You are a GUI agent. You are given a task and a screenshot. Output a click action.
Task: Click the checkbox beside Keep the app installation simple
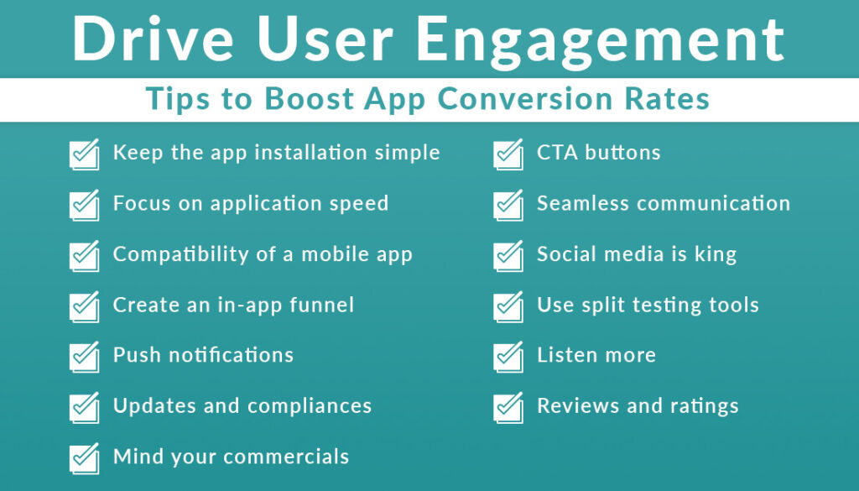point(83,155)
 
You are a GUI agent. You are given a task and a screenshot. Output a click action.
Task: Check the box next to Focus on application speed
point(83,206)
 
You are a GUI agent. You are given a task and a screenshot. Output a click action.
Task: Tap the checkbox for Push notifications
point(83,357)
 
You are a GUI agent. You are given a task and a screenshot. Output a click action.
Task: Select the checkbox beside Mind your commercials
point(83,458)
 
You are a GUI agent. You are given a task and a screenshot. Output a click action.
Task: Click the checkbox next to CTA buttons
point(508,155)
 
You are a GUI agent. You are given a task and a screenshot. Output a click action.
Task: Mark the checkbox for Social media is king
point(508,256)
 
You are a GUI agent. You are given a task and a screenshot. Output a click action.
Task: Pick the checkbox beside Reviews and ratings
point(508,408)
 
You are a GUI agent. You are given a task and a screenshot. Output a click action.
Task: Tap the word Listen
point(566,355)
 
